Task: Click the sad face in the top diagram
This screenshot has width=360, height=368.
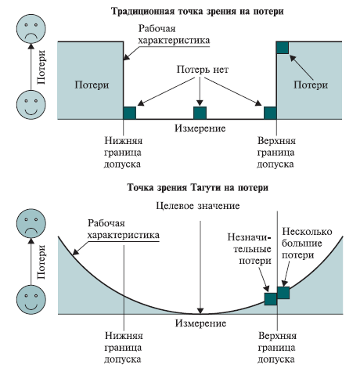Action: point(31,28)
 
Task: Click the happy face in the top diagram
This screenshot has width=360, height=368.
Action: point(31,105)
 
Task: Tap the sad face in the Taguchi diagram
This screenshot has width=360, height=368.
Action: point(31,223)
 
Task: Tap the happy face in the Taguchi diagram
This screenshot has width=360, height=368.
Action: point(31,300)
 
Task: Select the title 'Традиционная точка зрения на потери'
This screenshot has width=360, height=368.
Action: point(197,12)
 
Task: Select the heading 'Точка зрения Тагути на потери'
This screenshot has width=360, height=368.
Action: point(198,188)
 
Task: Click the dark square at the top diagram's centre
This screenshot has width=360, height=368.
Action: point(200,113)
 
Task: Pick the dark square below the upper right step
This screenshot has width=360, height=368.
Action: point(283,48)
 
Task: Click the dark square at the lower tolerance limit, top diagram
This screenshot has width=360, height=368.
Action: point(130,113)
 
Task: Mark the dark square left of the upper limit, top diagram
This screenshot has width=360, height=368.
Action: point(270,113)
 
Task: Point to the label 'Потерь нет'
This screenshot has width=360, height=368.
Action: point(203,70)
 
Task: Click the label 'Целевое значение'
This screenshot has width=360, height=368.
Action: point(198,206)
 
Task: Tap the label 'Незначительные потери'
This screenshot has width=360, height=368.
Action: point(250,249)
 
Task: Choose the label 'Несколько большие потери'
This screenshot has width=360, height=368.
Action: point(307,244)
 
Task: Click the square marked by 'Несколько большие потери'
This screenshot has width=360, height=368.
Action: point(283,293)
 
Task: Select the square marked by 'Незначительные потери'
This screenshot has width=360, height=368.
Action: point(271,299)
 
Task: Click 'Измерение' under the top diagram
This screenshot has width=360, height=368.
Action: point(200,128)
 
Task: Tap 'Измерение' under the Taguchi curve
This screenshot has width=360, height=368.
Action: point(200,323)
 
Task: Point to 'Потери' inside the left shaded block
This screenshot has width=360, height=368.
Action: point(92,85)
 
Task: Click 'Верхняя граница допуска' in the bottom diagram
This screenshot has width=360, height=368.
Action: point(277,348)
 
